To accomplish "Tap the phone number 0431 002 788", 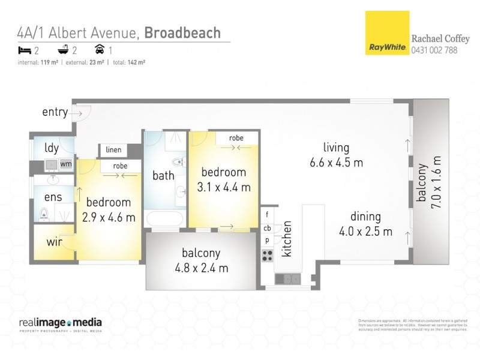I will click(x=434, y=50).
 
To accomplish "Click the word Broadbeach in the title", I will click(x=182, y=33).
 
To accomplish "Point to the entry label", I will click(x=54, y=112).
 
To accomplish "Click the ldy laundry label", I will click(x=51, y=148).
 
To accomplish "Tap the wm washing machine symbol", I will click(x=65, y=163).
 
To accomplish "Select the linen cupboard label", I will click(x=113, y=149).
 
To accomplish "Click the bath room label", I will click(x=163, y=176).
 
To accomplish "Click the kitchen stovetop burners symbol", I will click(x=267, y=254).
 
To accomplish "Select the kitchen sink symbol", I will click(x=288, y=278).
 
